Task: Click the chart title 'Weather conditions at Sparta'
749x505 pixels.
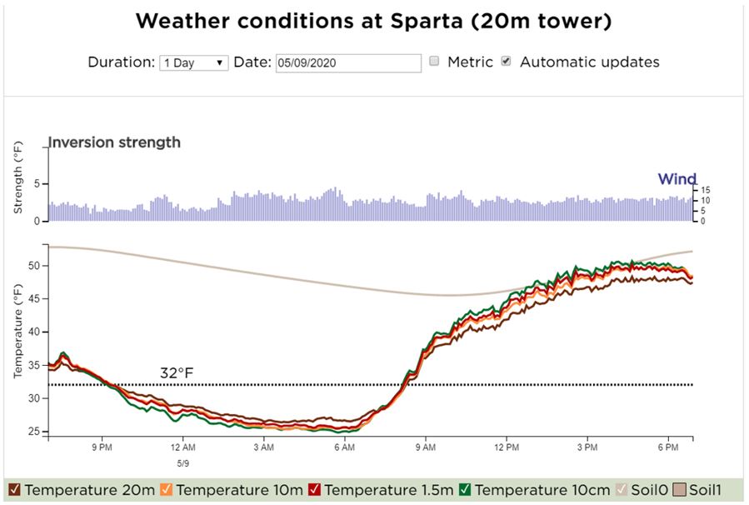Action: coord(373,22)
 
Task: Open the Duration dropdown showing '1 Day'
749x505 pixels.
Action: coord(193,62)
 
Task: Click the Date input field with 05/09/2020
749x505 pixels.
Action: coord(347,62)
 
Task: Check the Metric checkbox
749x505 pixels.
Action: coord(434,62)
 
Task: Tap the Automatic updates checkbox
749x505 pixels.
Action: coord(506,62)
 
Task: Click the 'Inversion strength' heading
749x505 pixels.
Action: coord(114,142)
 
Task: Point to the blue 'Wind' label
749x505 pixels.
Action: coord(677,179)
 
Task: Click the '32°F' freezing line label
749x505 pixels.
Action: coord(177,373)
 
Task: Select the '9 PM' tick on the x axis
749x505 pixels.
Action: coord(102,447)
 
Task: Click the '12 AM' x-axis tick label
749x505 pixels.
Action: coord(182,447)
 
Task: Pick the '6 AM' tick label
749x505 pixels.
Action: coord(345,447)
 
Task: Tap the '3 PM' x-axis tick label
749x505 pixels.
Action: coord(588,447)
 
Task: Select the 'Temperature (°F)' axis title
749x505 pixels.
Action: coord(17,332)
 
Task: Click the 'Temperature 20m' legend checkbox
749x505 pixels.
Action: coord(14,490)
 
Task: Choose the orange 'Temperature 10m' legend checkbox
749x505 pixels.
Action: coord(167,490)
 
